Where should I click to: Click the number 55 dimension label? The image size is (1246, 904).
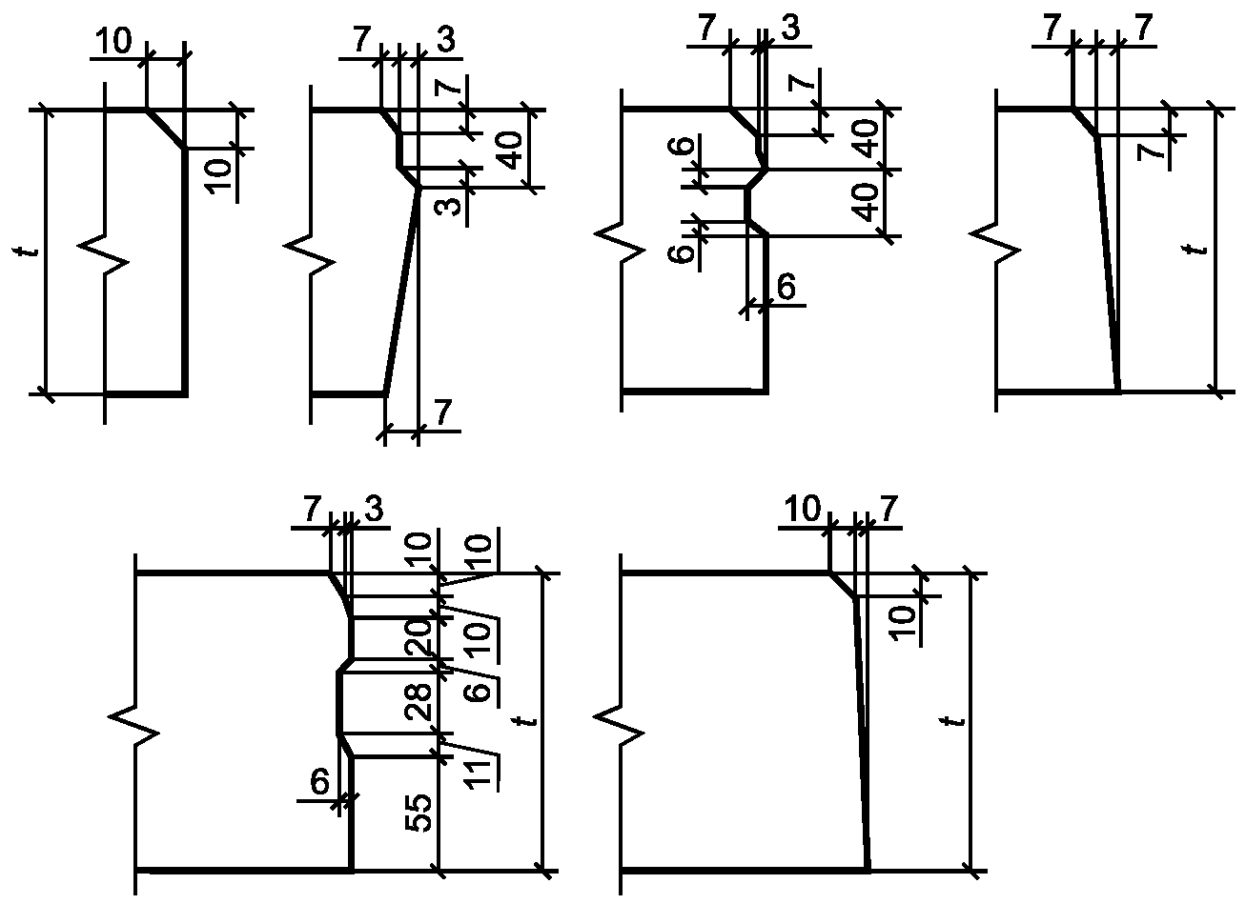click(x=419, y=813)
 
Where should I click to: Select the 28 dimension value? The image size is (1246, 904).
click(x=419, y=702)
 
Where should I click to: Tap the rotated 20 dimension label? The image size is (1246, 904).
click(x=419, y=637)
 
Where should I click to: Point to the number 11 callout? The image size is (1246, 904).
click(x=479, y=773)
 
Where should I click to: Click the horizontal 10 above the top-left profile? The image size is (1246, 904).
click(x=113, y=40)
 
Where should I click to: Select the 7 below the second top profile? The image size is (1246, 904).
click(x=442, y=412)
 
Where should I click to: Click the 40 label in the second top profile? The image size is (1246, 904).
click(x=510, y=151)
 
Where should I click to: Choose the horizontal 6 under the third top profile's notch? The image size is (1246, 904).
click(x=786, y=287)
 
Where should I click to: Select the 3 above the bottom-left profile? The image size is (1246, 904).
click(x=374, y=509)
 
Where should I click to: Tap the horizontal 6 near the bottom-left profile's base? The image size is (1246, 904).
click(x=319, y=782)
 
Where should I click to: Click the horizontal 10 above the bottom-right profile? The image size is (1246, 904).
click(x=802, y=508)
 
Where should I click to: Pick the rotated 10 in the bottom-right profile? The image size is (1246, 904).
click(x=904, y=623)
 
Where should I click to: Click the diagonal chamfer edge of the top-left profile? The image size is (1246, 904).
click(x=165, y=129)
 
